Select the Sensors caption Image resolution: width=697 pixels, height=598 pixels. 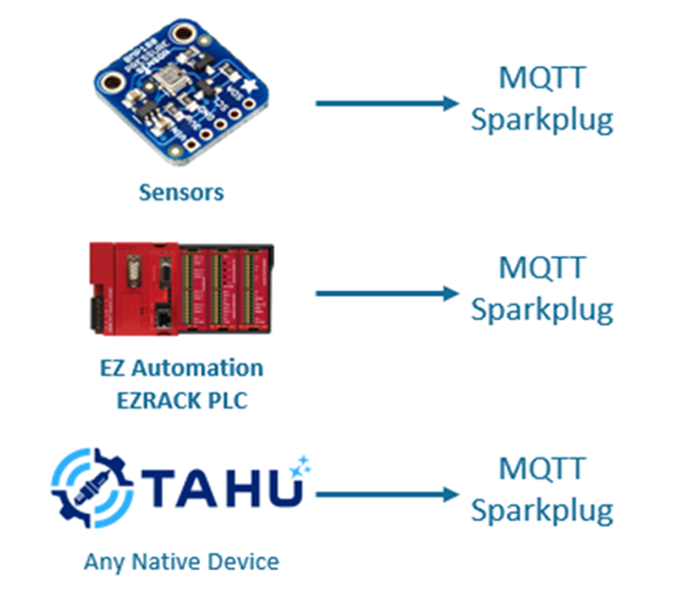point(181,192)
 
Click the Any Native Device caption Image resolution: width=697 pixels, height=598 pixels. point(181,561)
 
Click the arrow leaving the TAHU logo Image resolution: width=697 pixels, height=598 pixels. point(388,492)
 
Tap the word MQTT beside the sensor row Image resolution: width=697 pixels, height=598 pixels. point(542,78)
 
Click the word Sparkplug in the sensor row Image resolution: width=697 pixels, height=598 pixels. point(542,120)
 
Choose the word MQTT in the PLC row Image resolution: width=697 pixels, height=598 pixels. point(542,268)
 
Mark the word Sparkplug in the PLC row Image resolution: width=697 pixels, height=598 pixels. point(542,310)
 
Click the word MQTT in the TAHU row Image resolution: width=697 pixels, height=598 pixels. point(542,468)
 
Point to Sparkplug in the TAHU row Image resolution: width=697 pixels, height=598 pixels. point(542,511)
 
